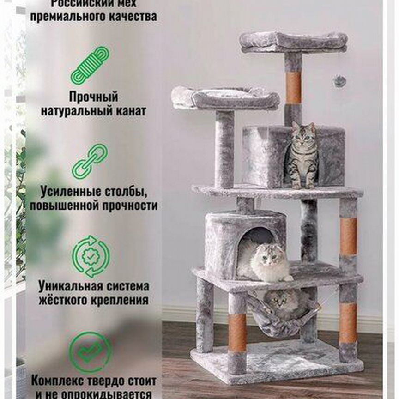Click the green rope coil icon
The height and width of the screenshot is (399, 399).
click(90, 65)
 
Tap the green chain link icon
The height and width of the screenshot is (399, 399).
click(90, 161)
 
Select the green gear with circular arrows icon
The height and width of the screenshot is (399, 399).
click(90, 256)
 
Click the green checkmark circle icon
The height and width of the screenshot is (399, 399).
click(90, 352)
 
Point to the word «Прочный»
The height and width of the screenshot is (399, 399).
click(94, 97)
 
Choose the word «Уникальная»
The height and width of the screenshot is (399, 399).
click(74, 286)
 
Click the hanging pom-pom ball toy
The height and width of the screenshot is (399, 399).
click(340, 81)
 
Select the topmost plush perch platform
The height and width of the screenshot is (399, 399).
click(293, 42)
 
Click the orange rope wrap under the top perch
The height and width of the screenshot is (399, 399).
click(293, 87)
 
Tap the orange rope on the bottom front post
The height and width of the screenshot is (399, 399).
click(237, 332)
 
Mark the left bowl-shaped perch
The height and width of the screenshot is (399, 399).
click(225, 98)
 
